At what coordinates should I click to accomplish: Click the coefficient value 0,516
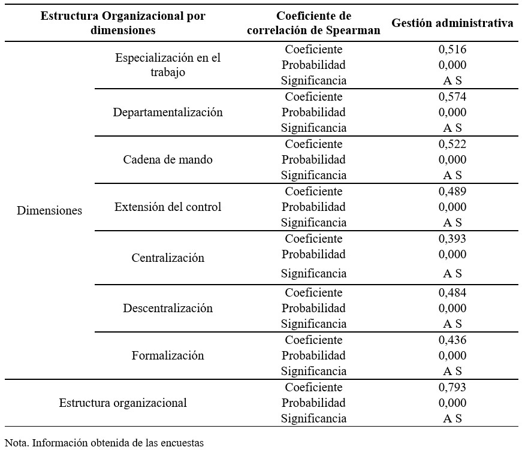click(452, 49)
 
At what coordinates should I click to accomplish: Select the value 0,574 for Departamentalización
click(452, 96)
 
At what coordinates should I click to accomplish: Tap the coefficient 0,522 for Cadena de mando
click(452, 144)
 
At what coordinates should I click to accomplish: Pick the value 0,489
click(452, 191)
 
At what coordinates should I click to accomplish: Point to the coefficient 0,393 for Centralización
click(452, 238)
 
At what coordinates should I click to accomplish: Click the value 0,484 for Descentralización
click(452, 292)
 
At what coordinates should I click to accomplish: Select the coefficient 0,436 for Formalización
click(452, 340)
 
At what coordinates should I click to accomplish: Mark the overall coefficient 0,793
click(452, 387)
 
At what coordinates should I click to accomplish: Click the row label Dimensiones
click(49, 210)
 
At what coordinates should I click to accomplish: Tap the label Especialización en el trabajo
click(168, 65)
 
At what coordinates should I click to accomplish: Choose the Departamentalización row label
click(168, 112)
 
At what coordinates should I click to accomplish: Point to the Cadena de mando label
click(168, 159)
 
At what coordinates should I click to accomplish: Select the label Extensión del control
click(168, 207)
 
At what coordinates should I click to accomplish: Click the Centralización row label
click(168, 258)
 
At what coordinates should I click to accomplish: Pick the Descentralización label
click(168, 308)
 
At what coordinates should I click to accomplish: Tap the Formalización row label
click(168, 355)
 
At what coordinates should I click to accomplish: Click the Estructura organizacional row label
click(123, 403)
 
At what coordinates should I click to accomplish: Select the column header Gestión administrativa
click(452, 23)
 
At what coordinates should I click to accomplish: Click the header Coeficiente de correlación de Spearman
click(313, 23)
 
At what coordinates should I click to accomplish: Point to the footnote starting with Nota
click(104, 443)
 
